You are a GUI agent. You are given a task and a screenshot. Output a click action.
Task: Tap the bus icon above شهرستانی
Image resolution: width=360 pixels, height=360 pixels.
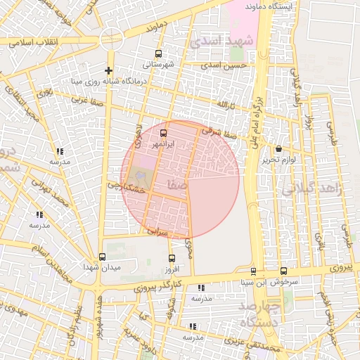pos(159,53)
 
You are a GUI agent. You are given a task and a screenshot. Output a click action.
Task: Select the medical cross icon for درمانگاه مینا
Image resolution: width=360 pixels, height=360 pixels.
pos(108,70)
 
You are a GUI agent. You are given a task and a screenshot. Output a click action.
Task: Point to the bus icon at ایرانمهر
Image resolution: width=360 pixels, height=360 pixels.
pos(164,132)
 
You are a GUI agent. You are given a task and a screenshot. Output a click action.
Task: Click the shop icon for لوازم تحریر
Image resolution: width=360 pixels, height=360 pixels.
pos(280,148)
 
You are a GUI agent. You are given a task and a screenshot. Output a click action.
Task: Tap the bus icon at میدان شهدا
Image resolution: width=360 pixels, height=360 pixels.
pos(103,257)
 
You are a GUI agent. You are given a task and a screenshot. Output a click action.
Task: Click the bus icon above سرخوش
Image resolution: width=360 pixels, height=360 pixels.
pos(283,271)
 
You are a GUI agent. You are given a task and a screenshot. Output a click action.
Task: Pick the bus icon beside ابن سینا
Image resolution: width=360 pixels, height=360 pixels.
pos(253,271)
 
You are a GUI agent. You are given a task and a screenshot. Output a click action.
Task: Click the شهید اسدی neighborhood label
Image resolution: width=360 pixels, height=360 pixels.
pos(224,41)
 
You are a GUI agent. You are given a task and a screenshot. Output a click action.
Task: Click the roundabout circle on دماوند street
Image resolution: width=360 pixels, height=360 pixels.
pos(110,39)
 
